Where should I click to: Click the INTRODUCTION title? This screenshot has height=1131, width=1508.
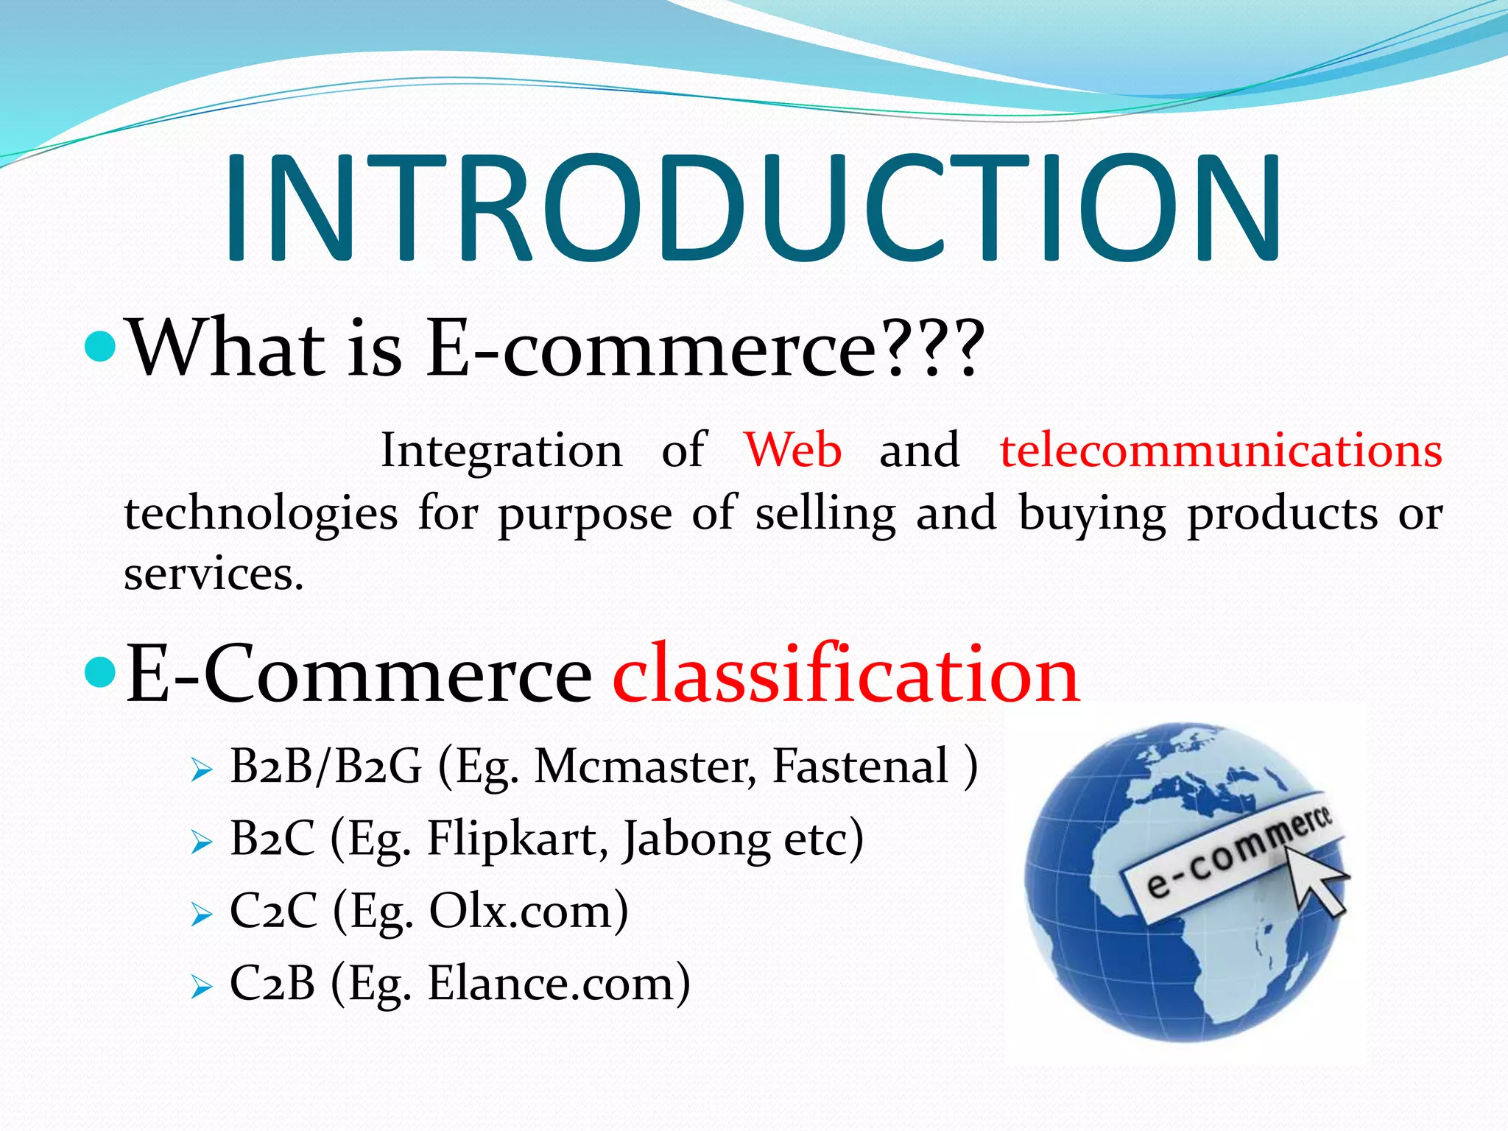(753, 209)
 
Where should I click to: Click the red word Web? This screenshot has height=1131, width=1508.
(792, 450)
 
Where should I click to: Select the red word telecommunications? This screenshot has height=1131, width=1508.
(1220, 451)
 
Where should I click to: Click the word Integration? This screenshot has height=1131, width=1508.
(501, 451)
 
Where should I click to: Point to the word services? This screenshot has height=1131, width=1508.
(214, 574)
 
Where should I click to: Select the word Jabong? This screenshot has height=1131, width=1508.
(695, 840)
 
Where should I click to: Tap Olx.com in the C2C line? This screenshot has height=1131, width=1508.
(529, 911)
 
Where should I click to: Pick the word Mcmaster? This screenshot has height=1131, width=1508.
(644, 767)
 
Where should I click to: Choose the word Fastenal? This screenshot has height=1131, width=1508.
(860, 767)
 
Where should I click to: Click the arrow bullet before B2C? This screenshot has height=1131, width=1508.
(201, 842)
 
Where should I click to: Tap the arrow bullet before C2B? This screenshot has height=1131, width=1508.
(201, 986)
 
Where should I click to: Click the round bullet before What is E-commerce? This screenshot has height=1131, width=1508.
(100, 345)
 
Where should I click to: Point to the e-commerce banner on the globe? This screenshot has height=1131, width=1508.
(1230, 858)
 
